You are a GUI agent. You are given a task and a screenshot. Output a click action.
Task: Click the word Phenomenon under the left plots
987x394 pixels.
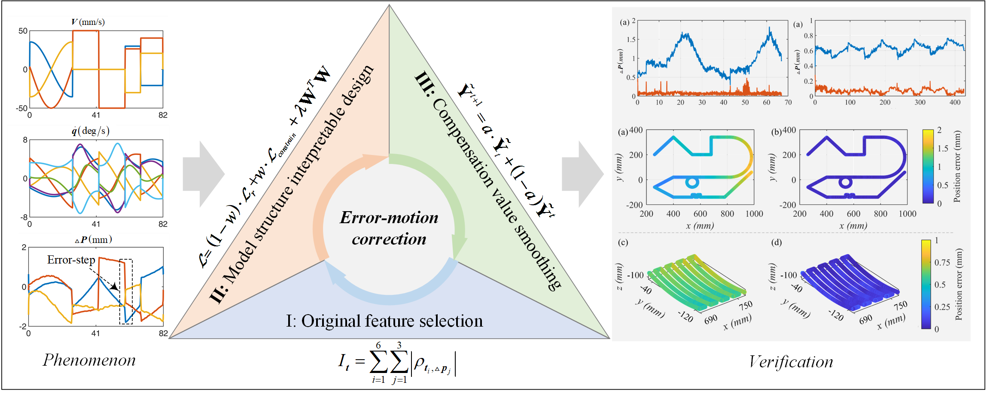[x=89, y=360]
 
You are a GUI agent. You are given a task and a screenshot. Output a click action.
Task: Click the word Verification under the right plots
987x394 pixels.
[x=791, y=362]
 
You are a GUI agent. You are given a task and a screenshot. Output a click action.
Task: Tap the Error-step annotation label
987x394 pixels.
[x=71, y=260]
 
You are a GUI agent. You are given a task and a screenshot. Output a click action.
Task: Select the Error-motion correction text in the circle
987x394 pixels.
[x=389, y=228]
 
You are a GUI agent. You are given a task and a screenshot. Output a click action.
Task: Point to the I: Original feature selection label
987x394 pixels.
[x=384, y=321]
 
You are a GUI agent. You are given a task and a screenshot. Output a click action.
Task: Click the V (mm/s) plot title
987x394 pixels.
[x=88, y=22]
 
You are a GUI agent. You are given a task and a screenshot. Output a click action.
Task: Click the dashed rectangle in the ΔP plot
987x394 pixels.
[x=126, y=292]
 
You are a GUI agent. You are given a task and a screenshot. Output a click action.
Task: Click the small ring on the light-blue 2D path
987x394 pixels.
[x=692, y=182]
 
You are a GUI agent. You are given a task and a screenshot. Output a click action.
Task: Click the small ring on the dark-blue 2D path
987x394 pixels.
[x=845, y=182]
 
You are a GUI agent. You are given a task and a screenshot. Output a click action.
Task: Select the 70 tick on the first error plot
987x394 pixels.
[x=788, y=103]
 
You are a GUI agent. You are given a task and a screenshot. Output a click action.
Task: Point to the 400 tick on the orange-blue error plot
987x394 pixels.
[x=955, y=103]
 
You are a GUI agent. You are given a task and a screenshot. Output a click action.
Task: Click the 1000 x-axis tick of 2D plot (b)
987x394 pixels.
[x=907, y=214]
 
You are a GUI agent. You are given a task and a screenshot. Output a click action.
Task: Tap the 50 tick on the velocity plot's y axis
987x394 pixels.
[x=23, y=31]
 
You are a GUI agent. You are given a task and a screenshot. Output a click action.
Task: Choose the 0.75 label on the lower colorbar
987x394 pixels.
[x=942, y=263]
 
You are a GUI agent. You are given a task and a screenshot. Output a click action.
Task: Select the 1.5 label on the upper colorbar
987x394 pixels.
[x=943, y=149]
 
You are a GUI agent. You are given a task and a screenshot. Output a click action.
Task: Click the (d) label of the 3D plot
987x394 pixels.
[x=776, y=242]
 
